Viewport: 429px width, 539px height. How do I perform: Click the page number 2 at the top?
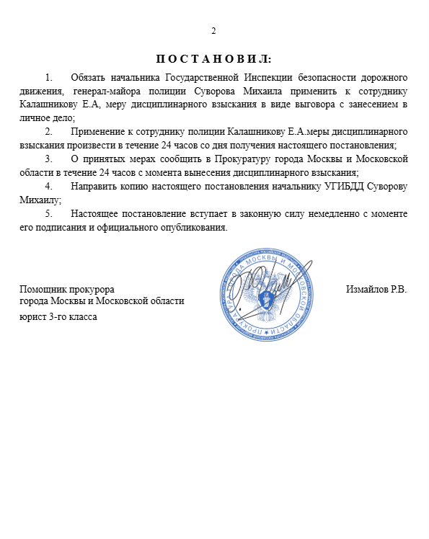213,31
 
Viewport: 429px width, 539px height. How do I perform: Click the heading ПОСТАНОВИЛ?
213,58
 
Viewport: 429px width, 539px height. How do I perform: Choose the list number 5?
48,214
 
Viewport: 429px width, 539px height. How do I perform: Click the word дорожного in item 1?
383,76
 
